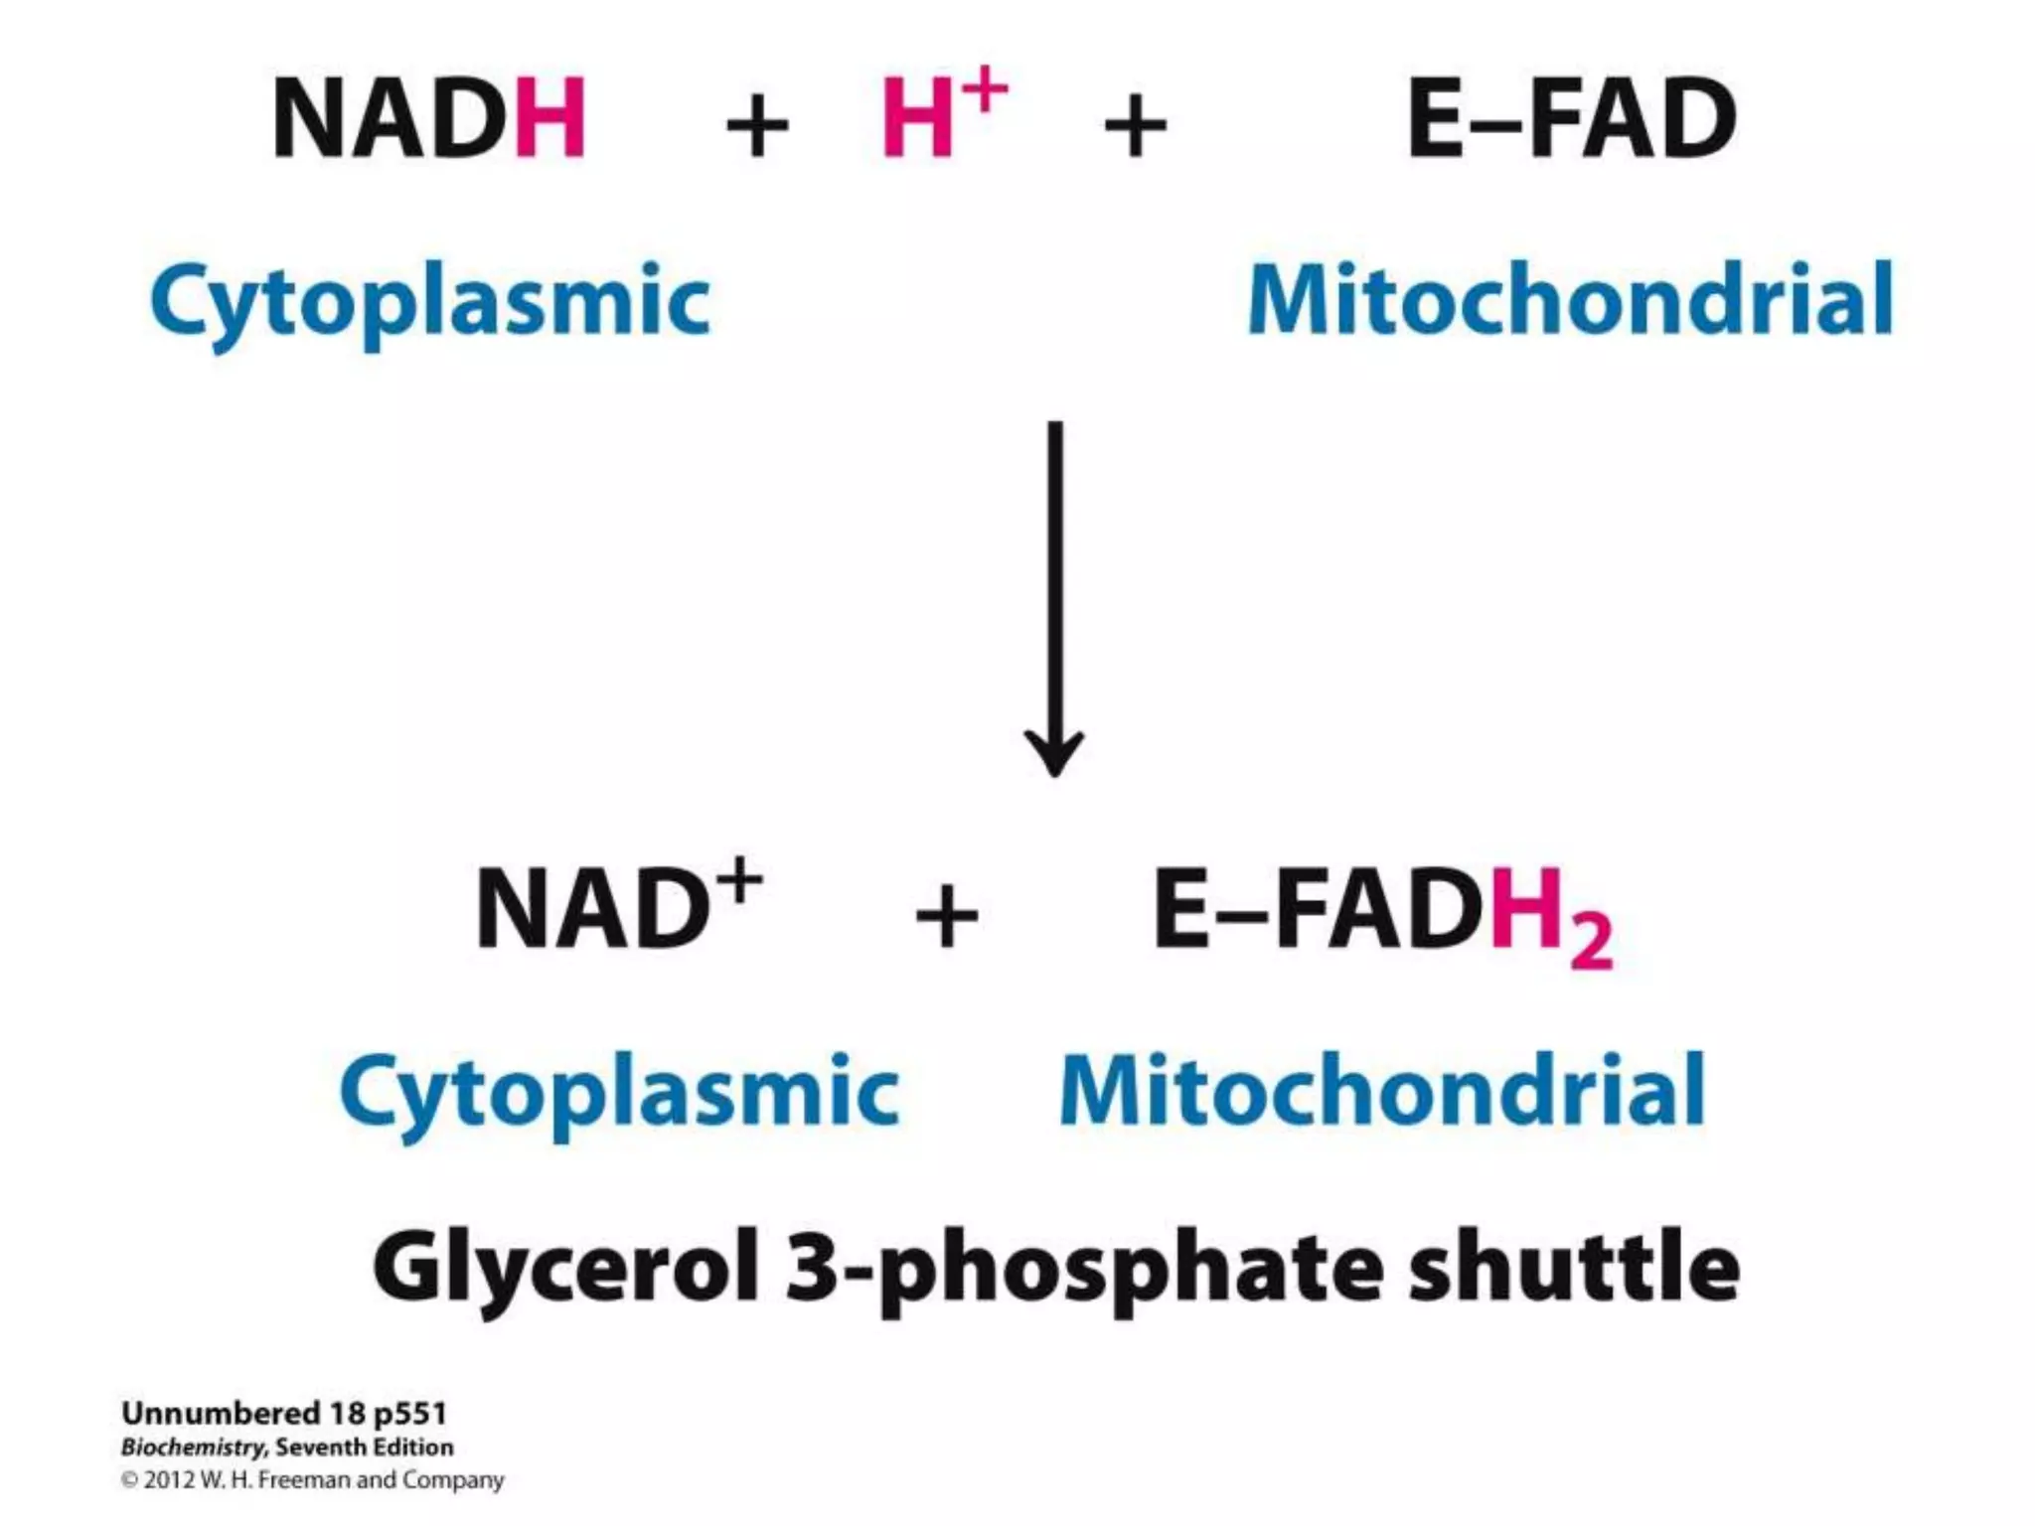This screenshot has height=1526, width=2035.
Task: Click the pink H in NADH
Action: [x=549, y=119]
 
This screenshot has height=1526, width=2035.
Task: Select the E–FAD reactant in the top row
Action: [x=1572, y=119]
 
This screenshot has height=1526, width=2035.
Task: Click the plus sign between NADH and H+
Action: [x=757, y=126]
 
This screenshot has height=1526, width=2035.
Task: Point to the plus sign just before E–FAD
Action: [x=1136, y=126]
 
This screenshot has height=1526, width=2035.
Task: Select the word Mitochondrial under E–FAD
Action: [x=1570, y=299]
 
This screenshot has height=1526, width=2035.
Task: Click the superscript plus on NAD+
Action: [x=741, y=880]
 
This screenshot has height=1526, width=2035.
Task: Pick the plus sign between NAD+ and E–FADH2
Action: [x=946, y=916]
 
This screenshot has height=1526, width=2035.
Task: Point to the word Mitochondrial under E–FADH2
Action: [x=1382, y=1090]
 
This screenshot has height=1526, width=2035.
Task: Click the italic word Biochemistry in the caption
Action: [x=193, y=1447]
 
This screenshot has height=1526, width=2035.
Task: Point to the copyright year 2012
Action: [x=169, y=1480]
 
